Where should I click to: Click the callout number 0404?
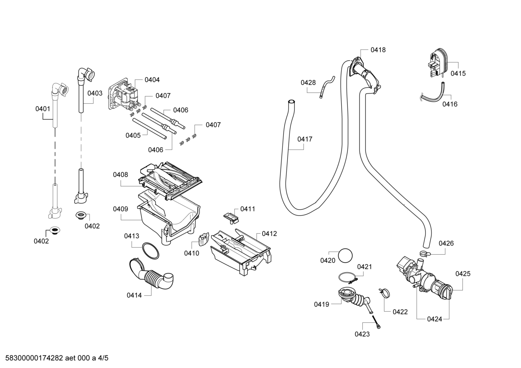[x=152, y=80]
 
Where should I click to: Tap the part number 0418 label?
[x=378, y=50]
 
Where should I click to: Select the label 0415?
[x=458, y=73]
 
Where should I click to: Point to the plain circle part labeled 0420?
[x=345, y=255]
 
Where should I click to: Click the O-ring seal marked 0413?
[x=151, y=251]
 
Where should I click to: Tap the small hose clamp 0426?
[x=425, y=253]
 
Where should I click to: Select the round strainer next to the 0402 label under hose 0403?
[x=80, y=215]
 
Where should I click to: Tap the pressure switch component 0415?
[x=439, y=62]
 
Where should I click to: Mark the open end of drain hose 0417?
[x=291, y=102]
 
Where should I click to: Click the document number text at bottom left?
[x=57, y=358]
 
